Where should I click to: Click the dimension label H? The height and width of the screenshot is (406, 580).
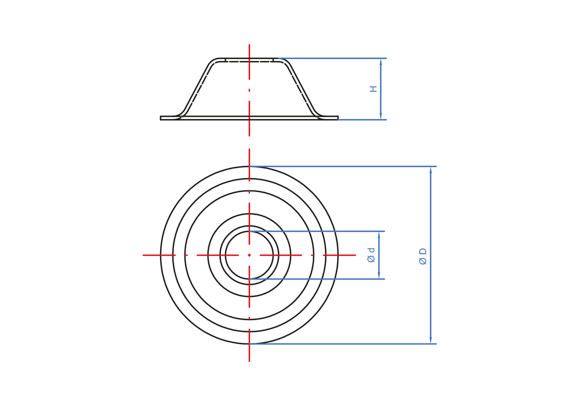(x=374, y=89)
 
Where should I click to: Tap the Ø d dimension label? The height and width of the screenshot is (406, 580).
(x=371, y=255)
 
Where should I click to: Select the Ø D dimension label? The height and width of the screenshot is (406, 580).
(x=423, y=256)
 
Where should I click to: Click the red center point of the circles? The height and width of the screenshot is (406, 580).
(x=249, y=255)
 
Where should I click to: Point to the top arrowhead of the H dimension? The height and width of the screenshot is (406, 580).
(x=380, y=62)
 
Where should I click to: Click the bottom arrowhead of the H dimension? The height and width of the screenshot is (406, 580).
(x=380, y=116)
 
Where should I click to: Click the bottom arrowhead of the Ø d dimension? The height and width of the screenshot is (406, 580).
(x=379, y=275)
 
